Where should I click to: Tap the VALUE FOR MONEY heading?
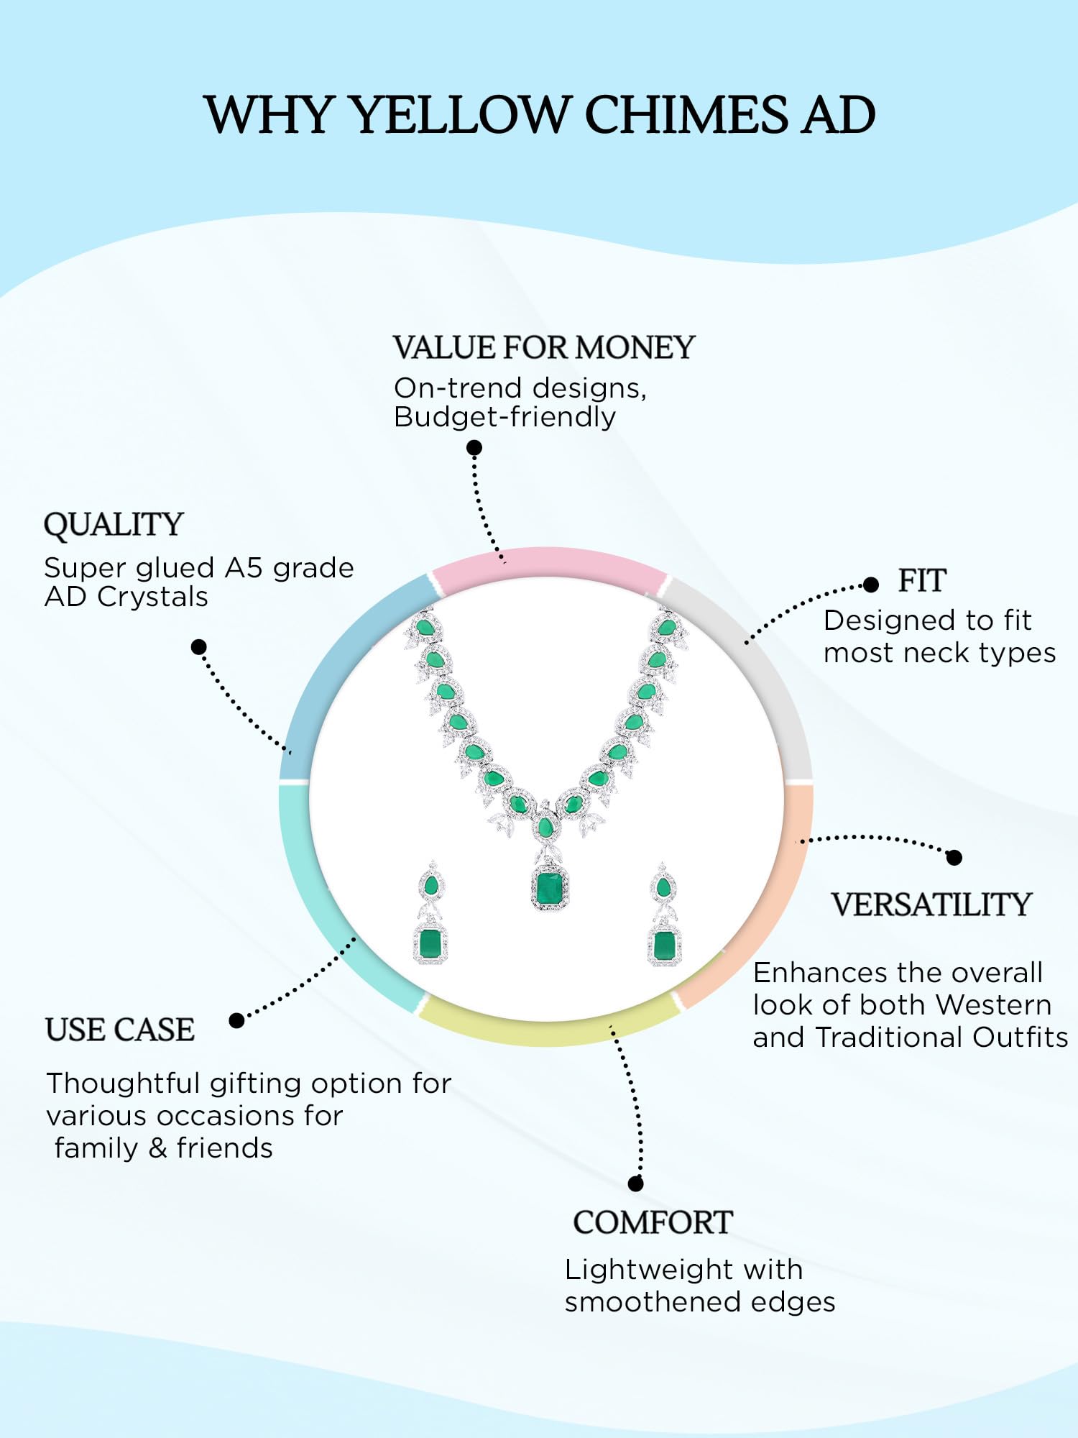coord(543,348)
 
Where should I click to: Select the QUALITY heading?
coord(114,525)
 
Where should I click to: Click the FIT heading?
coord(922,581)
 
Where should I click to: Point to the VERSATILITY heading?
coord(931,905)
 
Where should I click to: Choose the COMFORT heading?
coord(653,1223)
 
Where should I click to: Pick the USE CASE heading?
coord(120,1030)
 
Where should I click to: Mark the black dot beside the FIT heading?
coord(871,585)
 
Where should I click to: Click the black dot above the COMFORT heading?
coord(635,1183)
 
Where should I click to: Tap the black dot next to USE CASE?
coord(236,1020)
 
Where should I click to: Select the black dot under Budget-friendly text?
coord(474,448)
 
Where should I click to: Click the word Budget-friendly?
coord(505,418)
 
